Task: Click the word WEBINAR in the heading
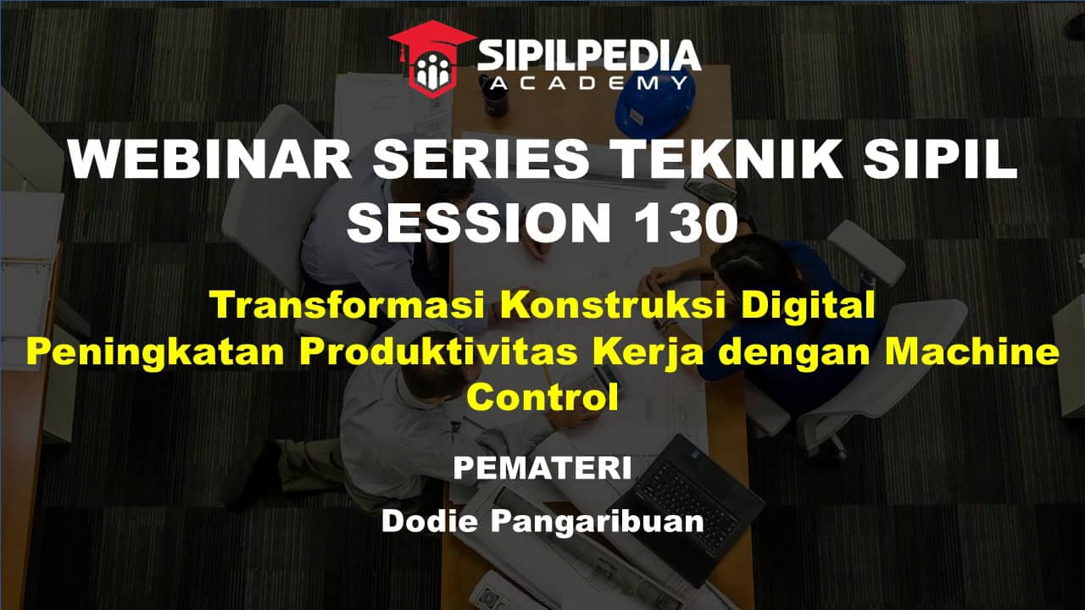point(210,159)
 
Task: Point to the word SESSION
point(479,222)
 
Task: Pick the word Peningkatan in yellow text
point(155,353)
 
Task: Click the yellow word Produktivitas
point(438,352)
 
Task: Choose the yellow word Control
point(542,397)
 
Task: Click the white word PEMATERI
point(542,469)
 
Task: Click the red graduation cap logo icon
point(432,58)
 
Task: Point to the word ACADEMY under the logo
point(590,83)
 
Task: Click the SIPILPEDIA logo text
point(589,56)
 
